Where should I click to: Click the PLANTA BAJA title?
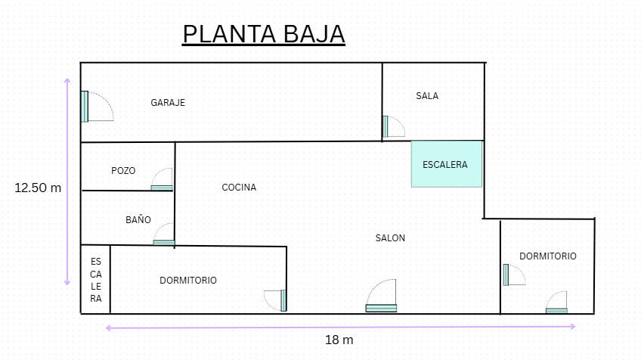(x=263, y=34)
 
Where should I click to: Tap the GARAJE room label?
(x=168, y=103)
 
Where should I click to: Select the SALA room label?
(x=427, y=96)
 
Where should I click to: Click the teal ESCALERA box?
(x=447, y=164)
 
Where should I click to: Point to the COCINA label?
(x=239, y=188)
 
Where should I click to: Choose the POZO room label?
(x=123, y=171)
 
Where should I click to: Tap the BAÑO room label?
(x=138, y=220)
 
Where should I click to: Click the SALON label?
(x=390, y=238)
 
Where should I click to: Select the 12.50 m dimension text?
(x=38, y=188)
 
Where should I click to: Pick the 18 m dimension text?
(x=339, y=340)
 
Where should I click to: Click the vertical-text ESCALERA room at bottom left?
(x=96, y=280)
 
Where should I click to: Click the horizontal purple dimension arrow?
(x=340, y=327)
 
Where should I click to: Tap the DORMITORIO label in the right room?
(x=547, y=256)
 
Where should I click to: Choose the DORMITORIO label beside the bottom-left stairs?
(x=188, y=281)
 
